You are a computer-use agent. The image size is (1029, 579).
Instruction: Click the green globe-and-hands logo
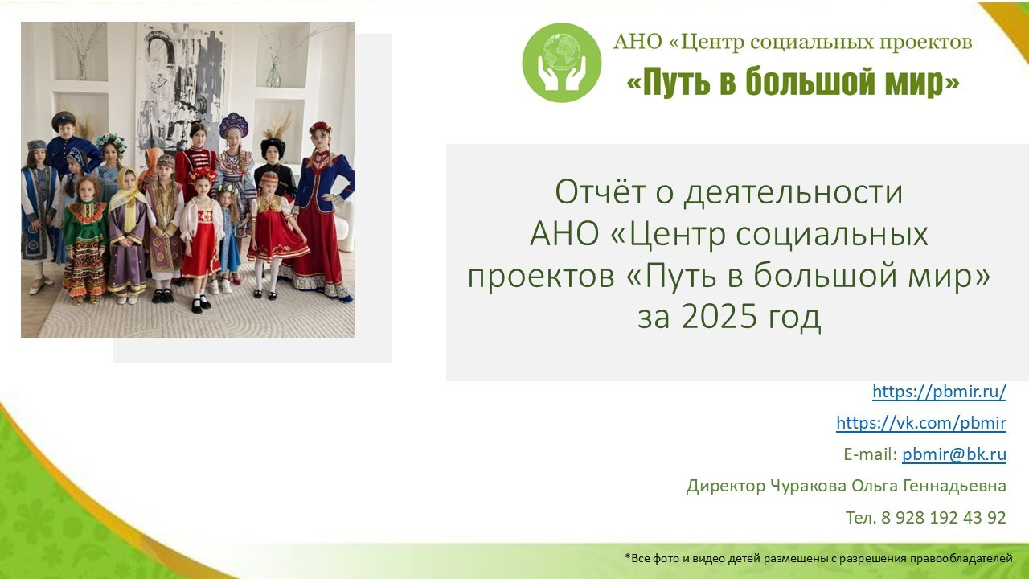tap(561, 63)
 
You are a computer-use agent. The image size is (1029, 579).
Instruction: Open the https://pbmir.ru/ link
tap(940, 392)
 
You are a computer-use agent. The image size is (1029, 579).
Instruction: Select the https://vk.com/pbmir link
tap(921, 423)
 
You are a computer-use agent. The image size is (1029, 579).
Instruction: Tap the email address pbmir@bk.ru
tap(954, 454)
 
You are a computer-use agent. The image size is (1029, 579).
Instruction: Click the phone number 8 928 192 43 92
tap(944, 517)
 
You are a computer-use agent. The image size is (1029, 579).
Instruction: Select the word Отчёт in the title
tap(602, 192)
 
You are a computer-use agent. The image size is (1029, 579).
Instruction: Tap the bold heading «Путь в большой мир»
tap(793, 82)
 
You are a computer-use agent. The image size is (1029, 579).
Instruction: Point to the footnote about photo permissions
tap(818, 558)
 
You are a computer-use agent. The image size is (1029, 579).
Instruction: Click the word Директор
tap(726, 486)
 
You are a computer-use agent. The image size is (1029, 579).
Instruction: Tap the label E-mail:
tap(871, 454)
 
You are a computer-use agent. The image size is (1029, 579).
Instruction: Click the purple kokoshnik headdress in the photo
tap(233, 125)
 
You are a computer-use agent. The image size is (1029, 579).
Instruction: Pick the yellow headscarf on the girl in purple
tap(125, 187)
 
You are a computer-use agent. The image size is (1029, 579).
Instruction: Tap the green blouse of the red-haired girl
tap(85, 220)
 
